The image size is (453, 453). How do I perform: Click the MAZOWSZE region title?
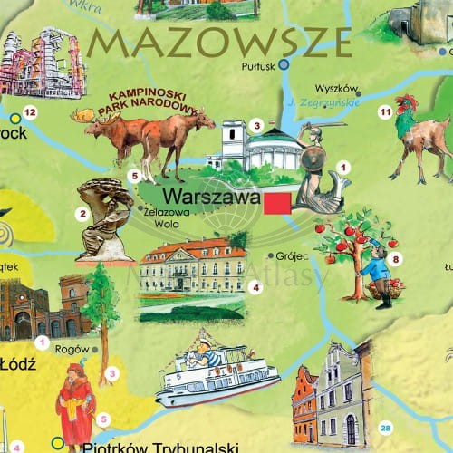[x=220, y=42]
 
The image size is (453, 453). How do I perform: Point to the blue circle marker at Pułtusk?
[x=284, y=64]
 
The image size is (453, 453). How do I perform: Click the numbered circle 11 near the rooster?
[x=384, y=111]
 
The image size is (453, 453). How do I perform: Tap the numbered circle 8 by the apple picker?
[x=394, y=258]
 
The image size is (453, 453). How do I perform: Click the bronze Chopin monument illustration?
[x=103, y=217]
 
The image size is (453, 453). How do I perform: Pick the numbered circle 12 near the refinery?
[x=29, y=112]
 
